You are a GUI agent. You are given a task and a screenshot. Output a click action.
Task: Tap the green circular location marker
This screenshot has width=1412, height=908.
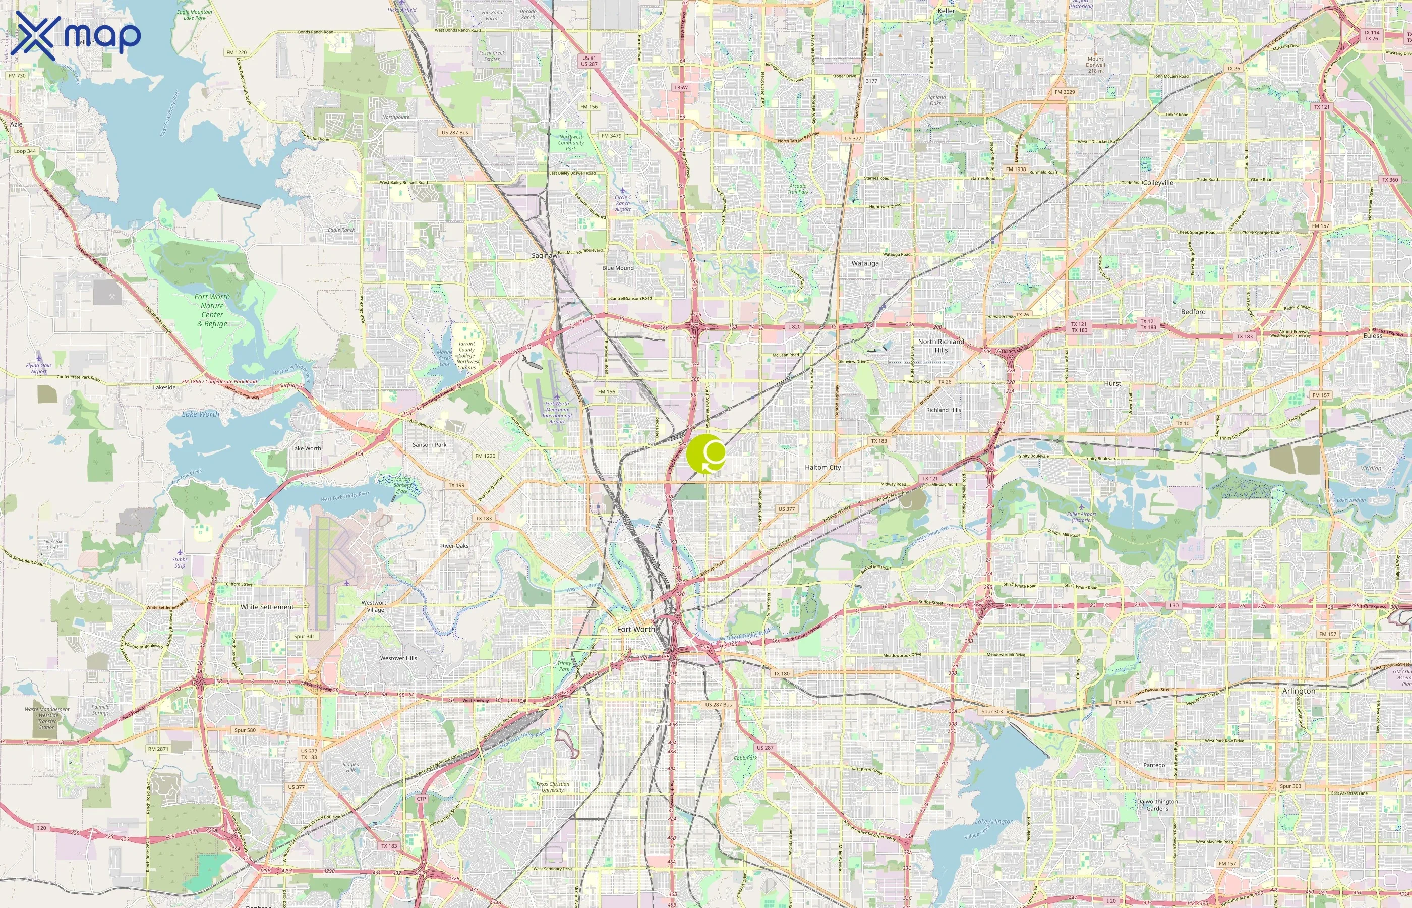pyautogui.click(x=705, y=454)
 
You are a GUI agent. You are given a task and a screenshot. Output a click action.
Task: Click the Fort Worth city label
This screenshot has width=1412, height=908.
pyautogui.click(x=635, y=629)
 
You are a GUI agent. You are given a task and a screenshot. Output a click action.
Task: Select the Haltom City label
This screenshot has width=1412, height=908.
pyautogui.click(x=822, y=467)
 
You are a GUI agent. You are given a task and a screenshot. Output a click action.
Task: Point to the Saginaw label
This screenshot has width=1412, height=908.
pyautogui.click(x=544, y=255)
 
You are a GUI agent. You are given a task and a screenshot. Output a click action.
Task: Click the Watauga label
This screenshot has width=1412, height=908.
pyautogui.click(x=864, y=263)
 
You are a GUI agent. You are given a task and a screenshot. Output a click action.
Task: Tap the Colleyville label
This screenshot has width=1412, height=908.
pyautogui.click(x=1158, y=183)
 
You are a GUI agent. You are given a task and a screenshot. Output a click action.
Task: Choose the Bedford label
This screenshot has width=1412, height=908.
pyautogui.click(x=1193, y=312)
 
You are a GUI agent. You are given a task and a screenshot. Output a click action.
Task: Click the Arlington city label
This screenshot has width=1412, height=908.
pyautogui.click(x=1298, y=691)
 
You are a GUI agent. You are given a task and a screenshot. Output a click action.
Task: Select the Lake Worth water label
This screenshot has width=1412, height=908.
pyautogui.click(x=200, y=414)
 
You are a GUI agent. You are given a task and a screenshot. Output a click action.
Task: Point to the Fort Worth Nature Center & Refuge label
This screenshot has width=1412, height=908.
pyautogui.click(x=212, y=310)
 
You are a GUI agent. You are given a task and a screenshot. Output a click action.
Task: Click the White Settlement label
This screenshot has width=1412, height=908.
pyautogui.click(x=267, y=607)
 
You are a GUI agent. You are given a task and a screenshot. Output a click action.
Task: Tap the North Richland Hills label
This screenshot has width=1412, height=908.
pyautogui.click(x=940, y=346)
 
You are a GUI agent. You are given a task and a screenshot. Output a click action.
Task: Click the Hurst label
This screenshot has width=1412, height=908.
pyautogui.click(x=1112, y=383)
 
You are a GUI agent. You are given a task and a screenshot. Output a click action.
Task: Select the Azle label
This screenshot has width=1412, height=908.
pyautogui.click(x=16, y=125)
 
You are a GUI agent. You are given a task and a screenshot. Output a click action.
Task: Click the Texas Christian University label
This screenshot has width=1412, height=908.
pyautogui.click(x=552, y=787)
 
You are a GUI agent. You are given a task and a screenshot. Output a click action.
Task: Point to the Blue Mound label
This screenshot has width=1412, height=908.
pyautogui.click(x=618, y=268)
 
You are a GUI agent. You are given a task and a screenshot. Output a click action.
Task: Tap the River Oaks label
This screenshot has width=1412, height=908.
pyautogui.click(x=455, y=546)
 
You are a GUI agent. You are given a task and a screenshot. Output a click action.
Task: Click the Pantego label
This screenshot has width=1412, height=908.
pyautogui.click(x=1153, y=765)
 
